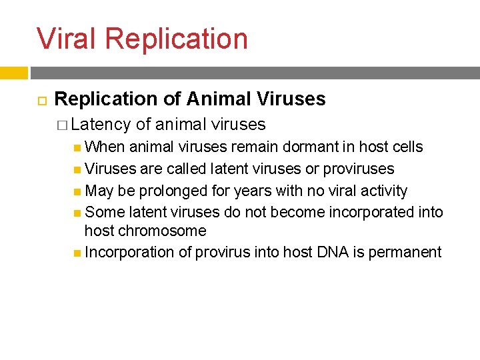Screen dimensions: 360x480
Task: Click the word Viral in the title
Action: [x=67, y=39]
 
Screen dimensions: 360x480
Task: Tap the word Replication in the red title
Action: [x=176, y=39]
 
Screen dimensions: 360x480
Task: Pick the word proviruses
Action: [x=359, y=169]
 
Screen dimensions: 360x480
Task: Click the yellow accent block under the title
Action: [x=13, y=73]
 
